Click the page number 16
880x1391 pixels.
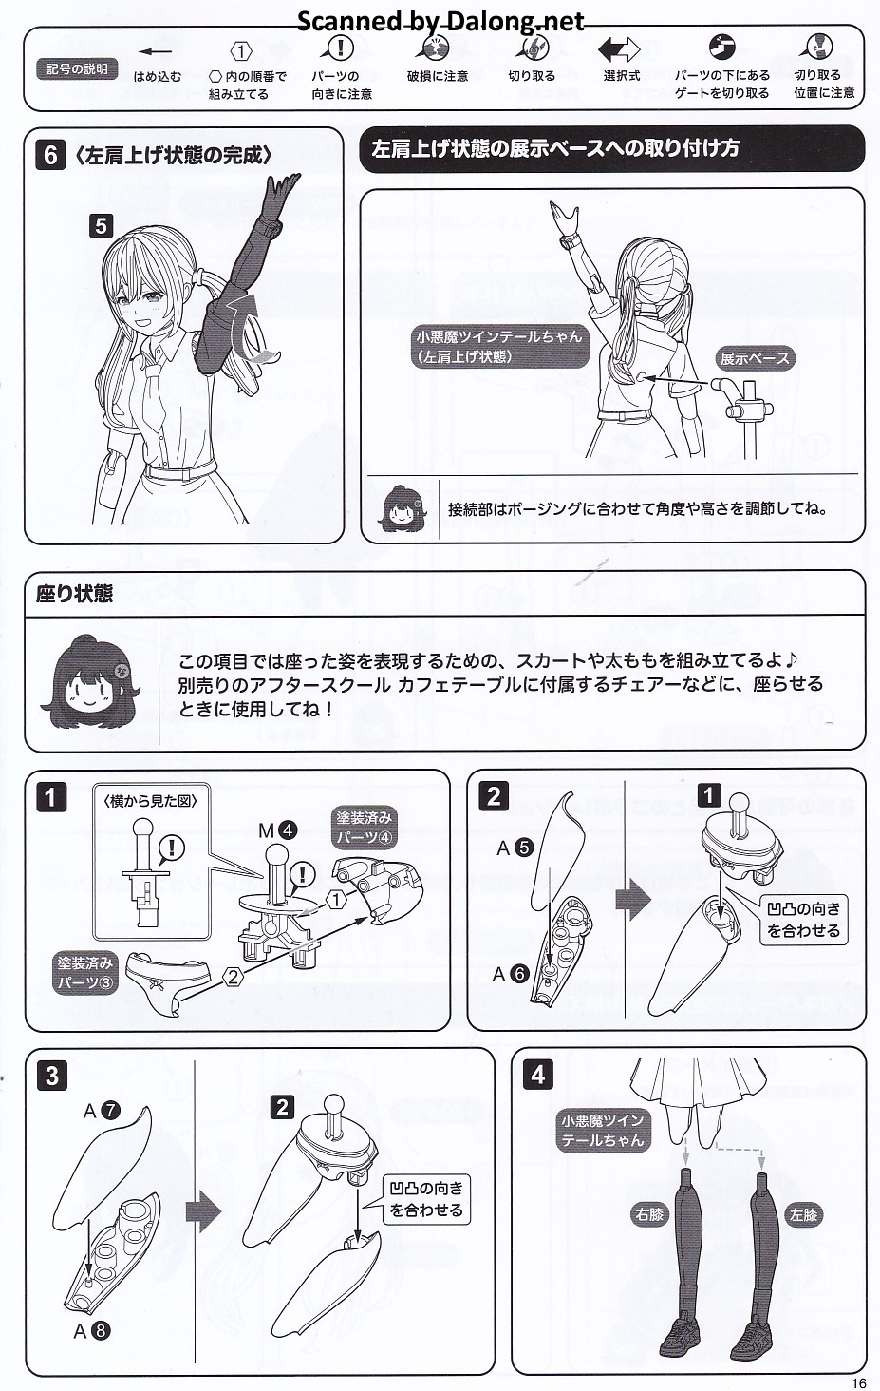point(858,1382)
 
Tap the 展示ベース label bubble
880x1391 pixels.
point(754,358)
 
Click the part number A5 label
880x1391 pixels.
point(515,848)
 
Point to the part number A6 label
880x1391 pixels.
point(510,974)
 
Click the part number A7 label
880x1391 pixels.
point(102,1111)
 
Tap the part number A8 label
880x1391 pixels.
point(92,1330)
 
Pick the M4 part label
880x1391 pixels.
point(277,829)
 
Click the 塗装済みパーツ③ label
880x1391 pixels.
point(85,973)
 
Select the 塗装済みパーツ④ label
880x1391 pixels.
point(365,828)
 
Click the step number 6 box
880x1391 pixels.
point(50,155)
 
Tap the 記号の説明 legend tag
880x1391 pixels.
point(76,69)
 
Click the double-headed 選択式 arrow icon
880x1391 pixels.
point(619,48)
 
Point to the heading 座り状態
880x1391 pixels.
point(74,594)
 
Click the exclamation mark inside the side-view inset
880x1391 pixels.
point(172,848)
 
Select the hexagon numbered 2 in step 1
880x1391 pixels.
point(233,978)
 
